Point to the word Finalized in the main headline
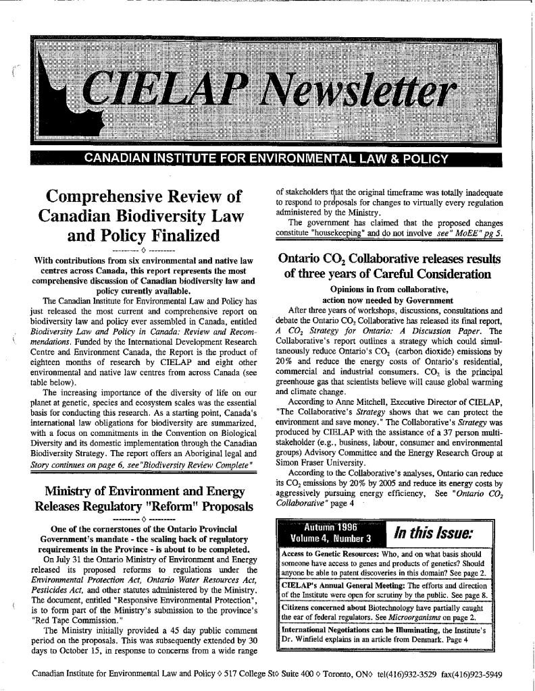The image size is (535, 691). pos(172,238)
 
